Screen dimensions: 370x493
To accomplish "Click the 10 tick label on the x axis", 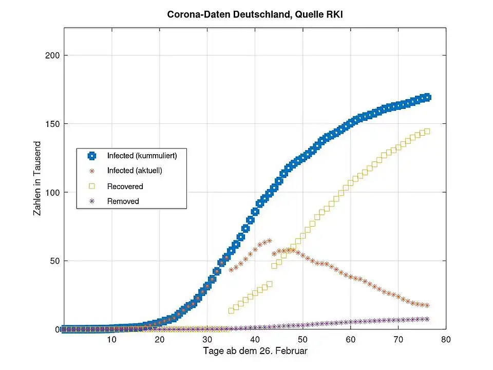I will [x=111, y=340].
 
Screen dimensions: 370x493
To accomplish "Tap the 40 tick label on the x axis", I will [x=255, y=340].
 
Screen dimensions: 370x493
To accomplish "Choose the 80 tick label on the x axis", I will [x=446, y=340].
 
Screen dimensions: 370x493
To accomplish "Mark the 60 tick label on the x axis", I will [x=350, y=340].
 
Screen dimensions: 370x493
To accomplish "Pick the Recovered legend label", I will [x=125, y=186].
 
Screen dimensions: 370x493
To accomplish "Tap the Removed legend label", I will [x=123, y=201].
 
